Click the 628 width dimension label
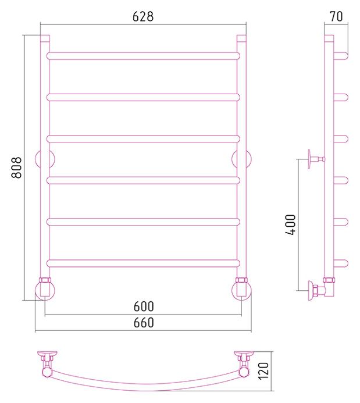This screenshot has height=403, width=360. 143,16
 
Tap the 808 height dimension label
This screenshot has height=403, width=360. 17,167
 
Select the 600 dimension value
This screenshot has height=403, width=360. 144,306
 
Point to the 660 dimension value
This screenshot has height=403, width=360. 144,323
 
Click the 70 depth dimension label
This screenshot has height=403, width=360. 336,16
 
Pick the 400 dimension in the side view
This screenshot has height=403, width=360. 291,224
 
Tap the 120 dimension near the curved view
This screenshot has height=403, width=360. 263,371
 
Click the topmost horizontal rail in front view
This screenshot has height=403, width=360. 143,56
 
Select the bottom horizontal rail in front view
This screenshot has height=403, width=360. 143,263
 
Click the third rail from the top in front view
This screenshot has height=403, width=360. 143,139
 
